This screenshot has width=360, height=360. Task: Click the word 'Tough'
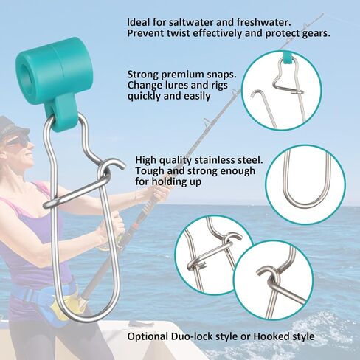[x=150, y=171]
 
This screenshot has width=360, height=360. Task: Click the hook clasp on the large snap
[x=111, y=173]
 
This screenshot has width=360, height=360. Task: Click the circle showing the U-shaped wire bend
[x=304, y=184]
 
